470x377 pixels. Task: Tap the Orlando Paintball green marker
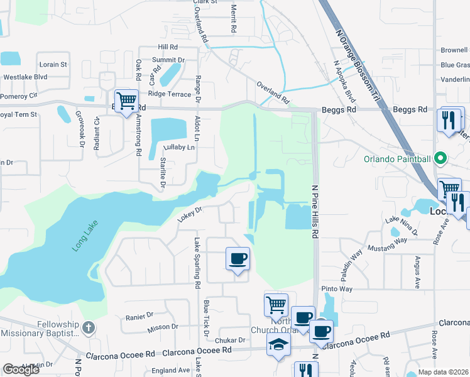pyautogui.click(x=440, y=158)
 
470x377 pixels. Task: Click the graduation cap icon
pyautogui.click(x=278, y=344)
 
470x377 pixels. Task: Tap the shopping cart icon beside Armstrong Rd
pyautogui.click(x=126, y=100)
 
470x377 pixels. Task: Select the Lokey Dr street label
pyautogui.click(x=189, y=214)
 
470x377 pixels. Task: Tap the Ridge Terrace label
pyautogui.click(x=169, y=94)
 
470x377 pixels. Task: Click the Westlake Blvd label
pyautogui.click(x=25, y=77)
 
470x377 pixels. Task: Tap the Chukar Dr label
pyautogui.click(x=232, y=340)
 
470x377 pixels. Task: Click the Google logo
pyautogui.click(x=21, y=369)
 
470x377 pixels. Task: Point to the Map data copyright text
pyautogui.click(x=443, y=372)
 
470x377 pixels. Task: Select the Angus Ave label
pyautogui.click(x=416, y=271)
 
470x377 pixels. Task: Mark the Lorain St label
pyautogui.click(x=53, y=64)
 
